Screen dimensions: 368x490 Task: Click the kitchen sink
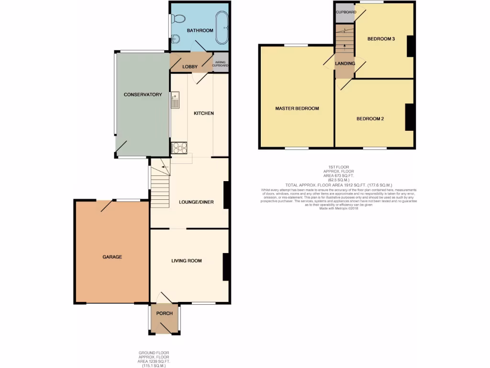[x=175, y=101]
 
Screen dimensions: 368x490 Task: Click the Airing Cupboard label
[x=221, y=63]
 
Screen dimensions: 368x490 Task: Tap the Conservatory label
[x=143, y=95]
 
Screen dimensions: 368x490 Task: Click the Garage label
[x=112, y=257]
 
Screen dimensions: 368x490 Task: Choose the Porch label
[x=164, y=313]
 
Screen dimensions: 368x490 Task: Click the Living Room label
[x=187, y=261]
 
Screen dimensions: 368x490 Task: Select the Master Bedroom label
[x=297, y=108]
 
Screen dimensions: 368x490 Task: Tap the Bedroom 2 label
[x=370, y=119]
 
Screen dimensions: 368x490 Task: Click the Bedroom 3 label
[x=381, y=39]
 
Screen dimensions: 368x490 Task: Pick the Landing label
[x=345, y=64]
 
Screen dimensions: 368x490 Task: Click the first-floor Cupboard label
[x=345, y=12]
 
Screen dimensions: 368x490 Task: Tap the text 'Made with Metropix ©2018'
[x=338, y=208]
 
